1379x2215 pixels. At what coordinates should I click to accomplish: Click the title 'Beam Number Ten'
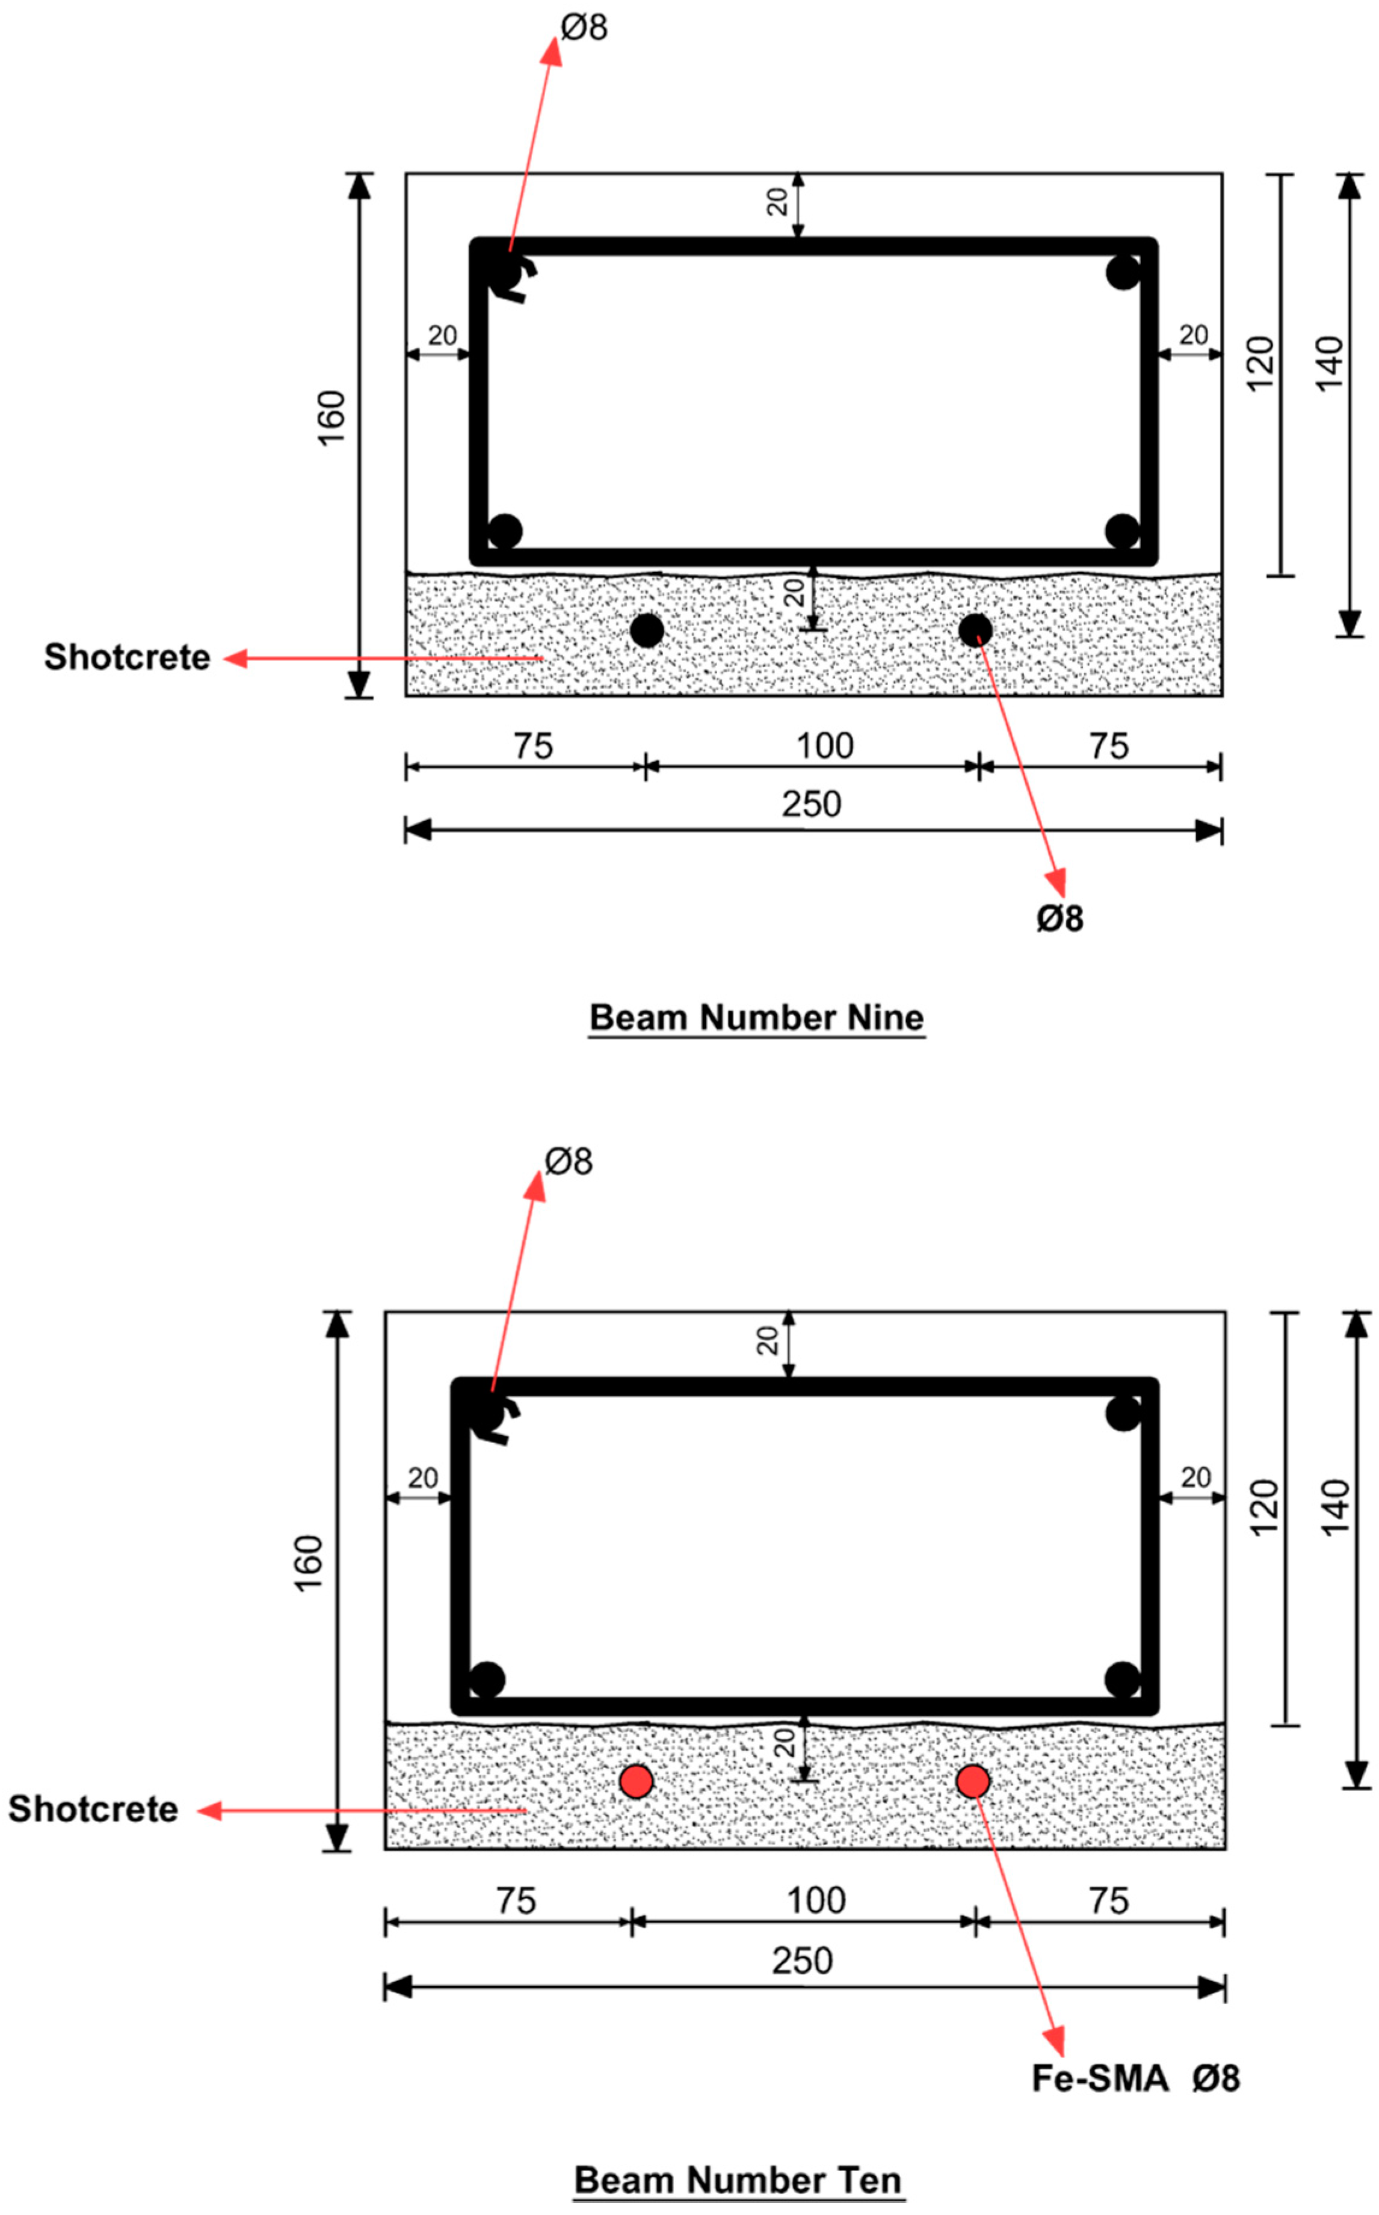click(738, 2180)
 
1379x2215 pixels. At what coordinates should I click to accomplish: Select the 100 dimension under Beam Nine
click(824, 746)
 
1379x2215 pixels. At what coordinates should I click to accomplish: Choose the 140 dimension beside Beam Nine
click(1330, 363)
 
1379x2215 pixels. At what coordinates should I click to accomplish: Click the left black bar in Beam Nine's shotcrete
click(647, 630)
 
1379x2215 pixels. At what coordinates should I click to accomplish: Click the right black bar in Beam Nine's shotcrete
click(975, 630)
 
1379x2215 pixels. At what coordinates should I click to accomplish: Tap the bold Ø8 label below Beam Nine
click(1059, 918)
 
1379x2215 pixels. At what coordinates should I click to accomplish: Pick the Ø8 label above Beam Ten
click(568, 1162)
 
